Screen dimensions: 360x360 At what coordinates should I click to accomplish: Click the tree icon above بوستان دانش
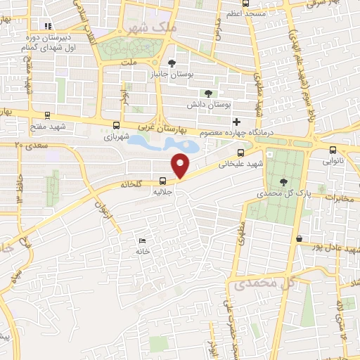click(207, 93)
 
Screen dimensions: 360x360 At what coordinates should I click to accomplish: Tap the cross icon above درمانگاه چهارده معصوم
click(237, 122)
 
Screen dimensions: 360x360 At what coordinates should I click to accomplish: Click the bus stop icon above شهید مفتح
click(47, 115)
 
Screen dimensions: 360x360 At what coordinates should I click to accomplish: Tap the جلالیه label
click(163, 190)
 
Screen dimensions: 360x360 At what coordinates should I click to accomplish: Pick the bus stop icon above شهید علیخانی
click(240, 152)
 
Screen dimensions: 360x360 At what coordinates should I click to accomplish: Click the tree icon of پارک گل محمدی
click(283, 181)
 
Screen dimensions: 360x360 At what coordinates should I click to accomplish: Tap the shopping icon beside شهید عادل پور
click(300, 238)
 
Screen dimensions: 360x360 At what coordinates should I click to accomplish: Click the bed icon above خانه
click(143, 240)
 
